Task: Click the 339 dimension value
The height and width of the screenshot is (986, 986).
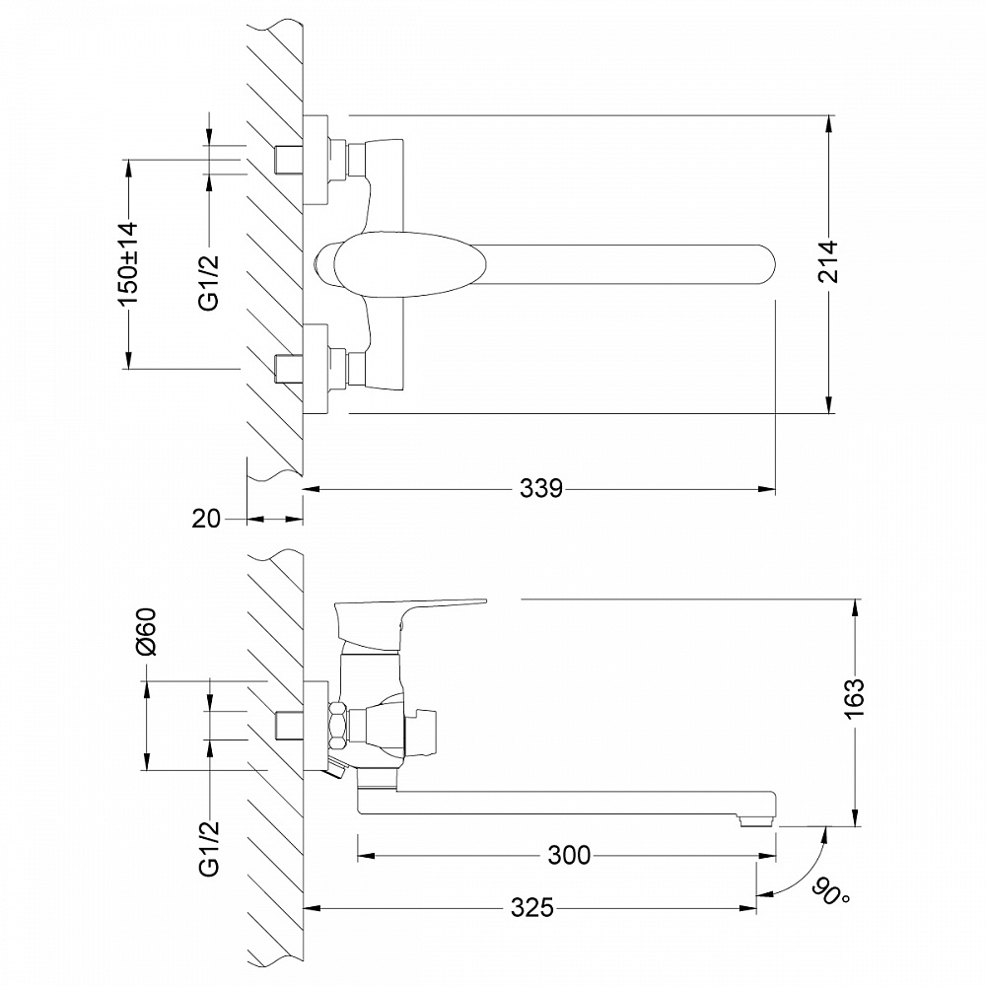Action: [542, 488]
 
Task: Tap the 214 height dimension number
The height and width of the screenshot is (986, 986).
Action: [829, 263]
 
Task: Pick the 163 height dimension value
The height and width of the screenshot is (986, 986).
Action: [855, 699]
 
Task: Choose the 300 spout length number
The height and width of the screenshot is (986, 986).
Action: [569, 856]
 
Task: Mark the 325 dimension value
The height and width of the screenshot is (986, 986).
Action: [533, 908]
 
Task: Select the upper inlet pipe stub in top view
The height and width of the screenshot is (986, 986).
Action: [287, 159]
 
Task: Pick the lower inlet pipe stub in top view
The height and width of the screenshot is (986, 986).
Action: [287, 368]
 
